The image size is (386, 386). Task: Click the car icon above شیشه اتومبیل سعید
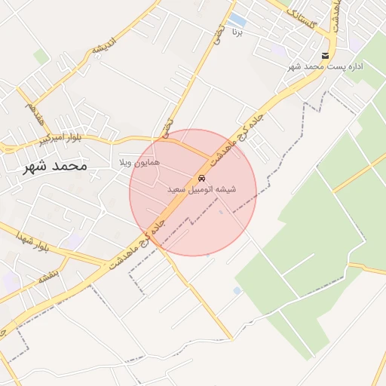(x=201, y=178)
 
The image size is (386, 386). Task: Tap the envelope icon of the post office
(x=325, y=56)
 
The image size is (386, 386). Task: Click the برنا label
(x=237, y=32)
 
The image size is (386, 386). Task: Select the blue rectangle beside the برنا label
(x=237, y=18)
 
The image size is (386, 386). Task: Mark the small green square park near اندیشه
(x=41, y=57)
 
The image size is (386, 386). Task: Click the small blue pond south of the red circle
(x=237, y=290)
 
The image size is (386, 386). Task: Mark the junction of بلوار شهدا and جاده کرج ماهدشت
(x=108, y=265)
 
